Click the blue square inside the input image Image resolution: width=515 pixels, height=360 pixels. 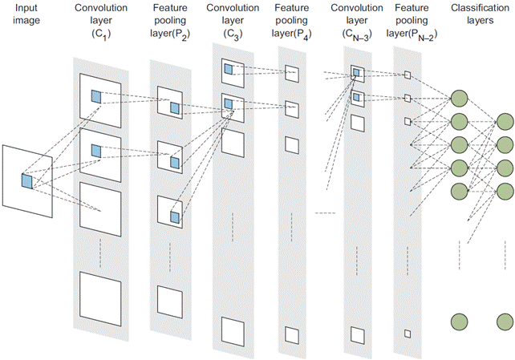pyautogui.click(x=26, y=181)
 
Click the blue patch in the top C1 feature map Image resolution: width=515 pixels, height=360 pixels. pyautogui.click(x=96, y=97)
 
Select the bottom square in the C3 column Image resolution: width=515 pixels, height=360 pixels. pyautogui.click(x=232, y=330)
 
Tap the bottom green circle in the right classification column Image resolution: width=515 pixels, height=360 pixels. pyautogui.click(x=505, y=322)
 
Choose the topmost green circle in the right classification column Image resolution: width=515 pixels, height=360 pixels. pyautogui.click(x=505, y=122)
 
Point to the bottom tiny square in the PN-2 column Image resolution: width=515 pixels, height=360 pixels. pyautogui.click(x=408, y=333)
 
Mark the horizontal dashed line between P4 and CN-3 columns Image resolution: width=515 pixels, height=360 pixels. pyautogui.click(x=325, y=212)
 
